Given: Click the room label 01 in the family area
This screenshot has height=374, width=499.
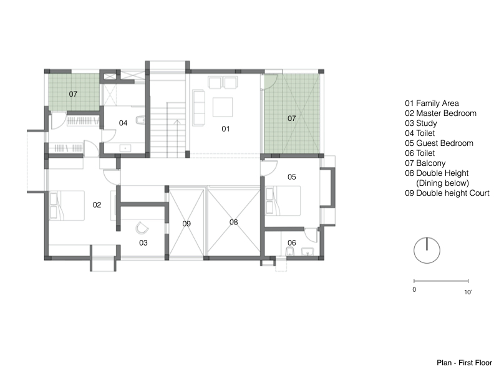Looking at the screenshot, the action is [x=226, y=129].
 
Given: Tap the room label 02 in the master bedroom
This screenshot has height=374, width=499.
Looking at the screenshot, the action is [x=97, y=205].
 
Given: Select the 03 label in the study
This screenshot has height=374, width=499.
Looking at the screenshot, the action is [x=143, y=243].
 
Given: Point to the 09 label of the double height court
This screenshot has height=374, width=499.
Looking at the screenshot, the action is [x=187, y=224].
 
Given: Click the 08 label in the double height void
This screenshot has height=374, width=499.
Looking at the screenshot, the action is [x=233, y=223].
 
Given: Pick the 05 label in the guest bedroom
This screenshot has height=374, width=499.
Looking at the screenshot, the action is [x=291, y=177].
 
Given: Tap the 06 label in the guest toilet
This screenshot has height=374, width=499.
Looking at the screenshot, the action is [x=291, y=242].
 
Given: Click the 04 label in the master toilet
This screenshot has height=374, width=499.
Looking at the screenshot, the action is [x=123, y=123].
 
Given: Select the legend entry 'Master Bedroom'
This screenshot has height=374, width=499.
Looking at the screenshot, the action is [x=446, y=113].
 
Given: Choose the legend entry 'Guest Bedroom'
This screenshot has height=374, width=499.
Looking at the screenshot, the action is [x=445, y=143].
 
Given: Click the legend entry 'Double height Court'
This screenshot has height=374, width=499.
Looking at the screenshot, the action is [x=453, y=193].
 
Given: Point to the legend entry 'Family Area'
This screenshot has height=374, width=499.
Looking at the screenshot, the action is [x=437, y=103].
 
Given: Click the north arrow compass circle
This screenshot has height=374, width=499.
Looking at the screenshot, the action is [x=427, y=263].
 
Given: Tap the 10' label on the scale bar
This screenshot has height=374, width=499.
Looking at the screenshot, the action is [x=468, y=292].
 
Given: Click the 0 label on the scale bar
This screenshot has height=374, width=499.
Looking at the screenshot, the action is [x=414, y=290].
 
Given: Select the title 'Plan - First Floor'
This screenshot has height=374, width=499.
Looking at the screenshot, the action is [x=464, y=363].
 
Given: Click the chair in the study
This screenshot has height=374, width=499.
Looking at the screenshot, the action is [x=142, y=228].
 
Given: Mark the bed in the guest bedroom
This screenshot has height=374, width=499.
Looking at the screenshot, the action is [x=283, y=201].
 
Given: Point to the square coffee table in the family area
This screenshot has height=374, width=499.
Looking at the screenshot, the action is [x=223, y=107].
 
